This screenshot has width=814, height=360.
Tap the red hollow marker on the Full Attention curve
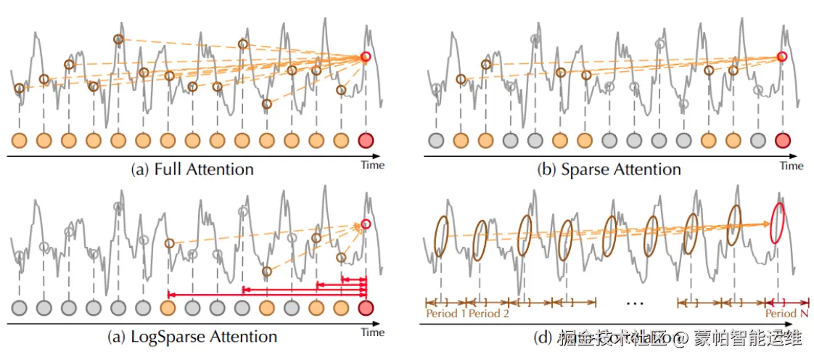pos(366,57)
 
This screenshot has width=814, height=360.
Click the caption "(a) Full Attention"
pos(192,169)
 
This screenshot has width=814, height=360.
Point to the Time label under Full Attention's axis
pos(373,165)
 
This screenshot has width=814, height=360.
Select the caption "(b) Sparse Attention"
pos(610,169)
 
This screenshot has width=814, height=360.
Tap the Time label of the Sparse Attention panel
pos(792,165)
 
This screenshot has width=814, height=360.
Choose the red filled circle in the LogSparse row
pos(366,308)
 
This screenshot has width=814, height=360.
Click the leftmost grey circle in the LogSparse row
pos(20,308)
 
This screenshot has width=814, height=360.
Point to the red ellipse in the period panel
pos(778,223)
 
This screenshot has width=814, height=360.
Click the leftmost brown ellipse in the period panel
pos(441,236)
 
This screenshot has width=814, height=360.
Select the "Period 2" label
pos(489,314)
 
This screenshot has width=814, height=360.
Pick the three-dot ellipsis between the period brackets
pos(636,300)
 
